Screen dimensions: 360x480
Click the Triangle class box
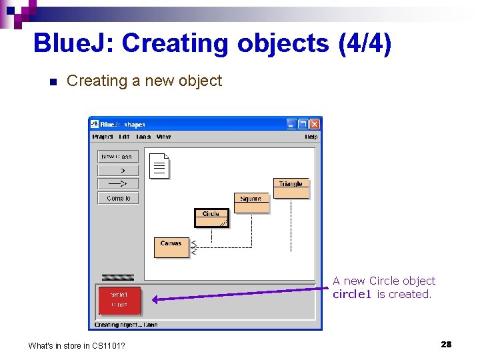[291, 189]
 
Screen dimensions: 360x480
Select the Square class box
[251, 203]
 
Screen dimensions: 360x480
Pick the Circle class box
[211, 218]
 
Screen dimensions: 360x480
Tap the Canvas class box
[171, 247]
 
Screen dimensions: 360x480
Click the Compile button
[118, 198]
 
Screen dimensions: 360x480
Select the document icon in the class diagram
[160, 166]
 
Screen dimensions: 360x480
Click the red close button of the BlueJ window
[315, 124]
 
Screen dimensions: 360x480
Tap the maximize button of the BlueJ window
[303, 124]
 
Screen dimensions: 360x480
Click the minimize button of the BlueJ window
[292, 124]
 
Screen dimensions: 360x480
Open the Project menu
[103, 137]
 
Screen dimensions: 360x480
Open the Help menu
[311, 137]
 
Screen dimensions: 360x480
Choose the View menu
[163, 137]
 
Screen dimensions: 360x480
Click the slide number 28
[446, 344]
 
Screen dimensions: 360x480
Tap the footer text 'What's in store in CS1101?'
[77, 345]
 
